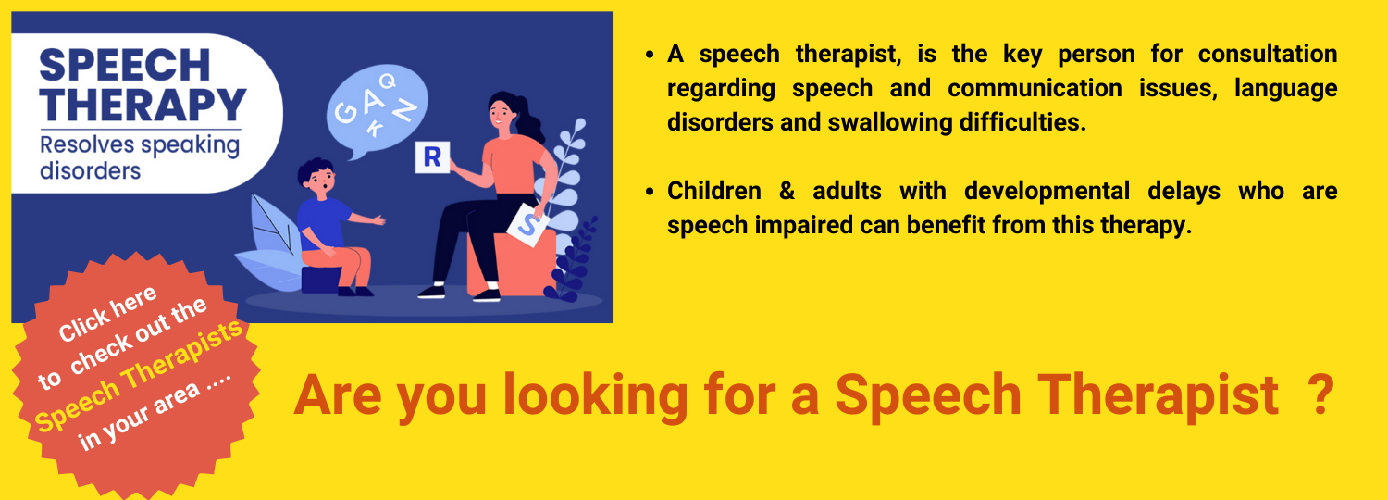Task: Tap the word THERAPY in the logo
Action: [x=143, y=105]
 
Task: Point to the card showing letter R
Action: [x=432, y=157]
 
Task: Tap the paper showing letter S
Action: [x=527, y=223]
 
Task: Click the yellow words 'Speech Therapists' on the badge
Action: [x=140, y=379]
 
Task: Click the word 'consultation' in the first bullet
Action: [x=1267, y=55]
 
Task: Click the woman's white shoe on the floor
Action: [x=431, y=291]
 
